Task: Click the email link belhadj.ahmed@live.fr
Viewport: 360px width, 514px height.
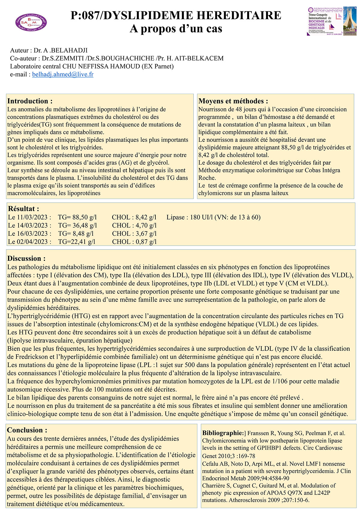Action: [63, 74]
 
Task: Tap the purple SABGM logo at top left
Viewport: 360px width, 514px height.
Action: [31, 22]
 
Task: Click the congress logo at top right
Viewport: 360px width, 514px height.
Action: [331, 21]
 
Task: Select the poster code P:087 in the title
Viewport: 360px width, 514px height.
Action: [86, 15]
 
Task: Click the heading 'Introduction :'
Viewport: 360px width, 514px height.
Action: [30, 101]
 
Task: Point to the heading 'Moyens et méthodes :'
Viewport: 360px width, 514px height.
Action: [233, 101]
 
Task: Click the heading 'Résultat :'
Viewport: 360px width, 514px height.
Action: [23, 209]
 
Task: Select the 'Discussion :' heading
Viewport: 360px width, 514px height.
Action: [26, 258]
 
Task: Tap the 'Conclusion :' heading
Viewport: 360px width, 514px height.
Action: [27, 430]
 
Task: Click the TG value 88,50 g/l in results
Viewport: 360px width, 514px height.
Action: [77, 217]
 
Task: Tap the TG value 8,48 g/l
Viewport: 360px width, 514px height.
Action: [76, 234]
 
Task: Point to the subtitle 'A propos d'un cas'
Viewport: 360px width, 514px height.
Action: [176, 29]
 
